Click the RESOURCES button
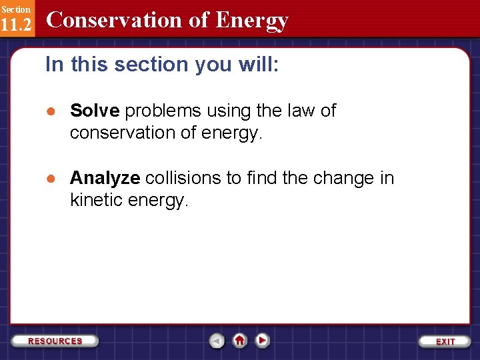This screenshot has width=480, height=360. tap(55, 341)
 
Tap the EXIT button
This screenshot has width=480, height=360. tap(445, 341)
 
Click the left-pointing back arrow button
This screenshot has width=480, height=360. tap(217, 341)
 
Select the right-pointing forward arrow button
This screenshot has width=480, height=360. tap(263, 340)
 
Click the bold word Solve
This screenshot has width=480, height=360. tap(95, 111)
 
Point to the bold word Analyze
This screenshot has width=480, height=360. tap(105, 178)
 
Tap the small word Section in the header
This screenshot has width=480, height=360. tap(15, 9)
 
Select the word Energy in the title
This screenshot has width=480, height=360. tap(252, 21)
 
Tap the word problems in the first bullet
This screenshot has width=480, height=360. tap(163, 111)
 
